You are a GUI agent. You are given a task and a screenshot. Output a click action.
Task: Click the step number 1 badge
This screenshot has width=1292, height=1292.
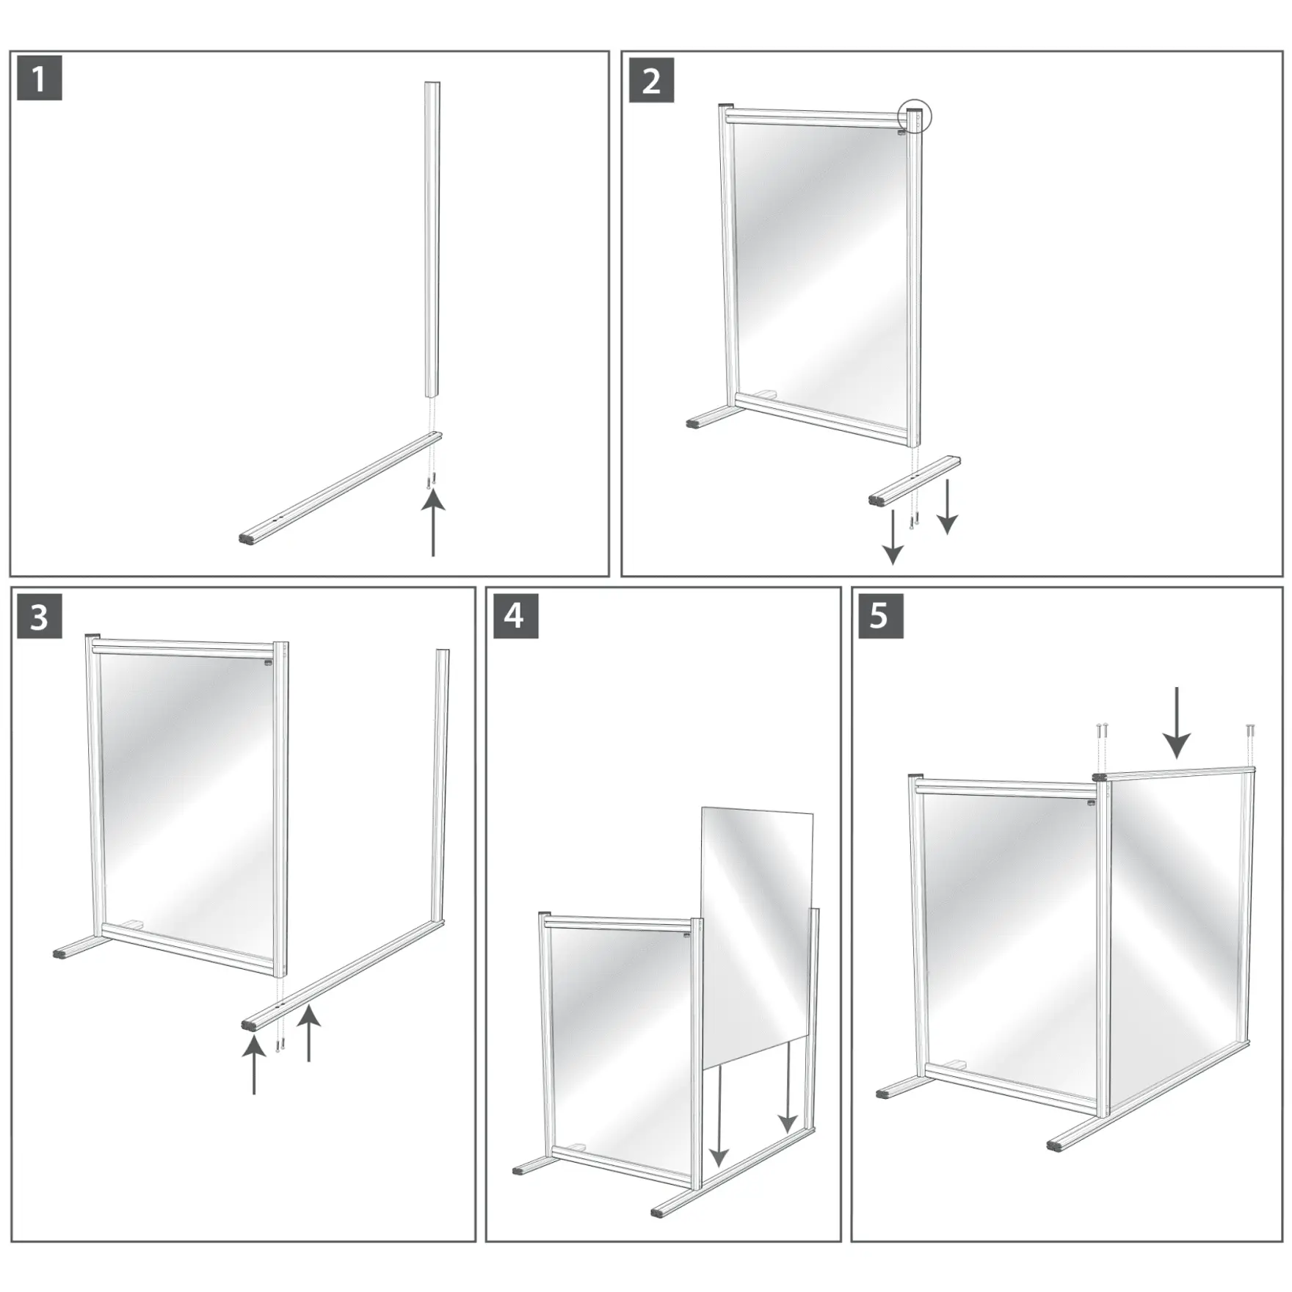click(39, 79)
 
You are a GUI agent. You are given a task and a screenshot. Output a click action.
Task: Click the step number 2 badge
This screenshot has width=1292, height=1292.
click(651, 80)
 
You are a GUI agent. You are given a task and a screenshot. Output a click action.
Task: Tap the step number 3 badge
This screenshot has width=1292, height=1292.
click(39, 617)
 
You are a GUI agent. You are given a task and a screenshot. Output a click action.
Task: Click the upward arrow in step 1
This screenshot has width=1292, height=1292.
click(433, 523)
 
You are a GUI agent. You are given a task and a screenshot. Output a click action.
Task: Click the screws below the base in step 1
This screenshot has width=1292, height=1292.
click(430, 481)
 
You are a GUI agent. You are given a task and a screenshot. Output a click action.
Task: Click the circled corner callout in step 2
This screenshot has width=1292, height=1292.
click(914, 116)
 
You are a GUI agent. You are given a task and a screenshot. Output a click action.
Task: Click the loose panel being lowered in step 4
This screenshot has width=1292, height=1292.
click(756, 932)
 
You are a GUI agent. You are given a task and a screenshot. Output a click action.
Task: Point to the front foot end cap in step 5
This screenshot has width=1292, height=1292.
click(1058, 1146)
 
